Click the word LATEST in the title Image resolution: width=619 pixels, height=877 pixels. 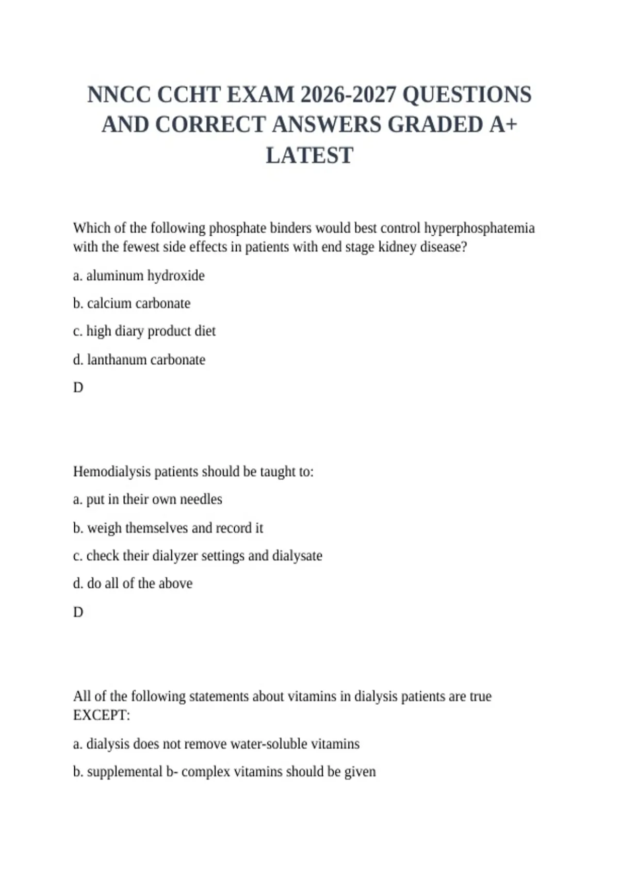309,155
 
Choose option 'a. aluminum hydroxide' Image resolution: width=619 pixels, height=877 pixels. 139,275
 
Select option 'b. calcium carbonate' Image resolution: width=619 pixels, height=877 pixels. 132,303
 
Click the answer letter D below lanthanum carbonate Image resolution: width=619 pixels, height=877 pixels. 78,387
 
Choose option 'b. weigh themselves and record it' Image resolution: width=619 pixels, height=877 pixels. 168,528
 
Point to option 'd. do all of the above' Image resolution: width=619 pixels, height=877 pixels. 133,583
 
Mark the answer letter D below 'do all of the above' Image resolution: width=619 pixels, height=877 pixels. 78,612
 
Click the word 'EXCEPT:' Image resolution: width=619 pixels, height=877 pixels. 102,716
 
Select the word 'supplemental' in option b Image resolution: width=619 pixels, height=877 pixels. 124,772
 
